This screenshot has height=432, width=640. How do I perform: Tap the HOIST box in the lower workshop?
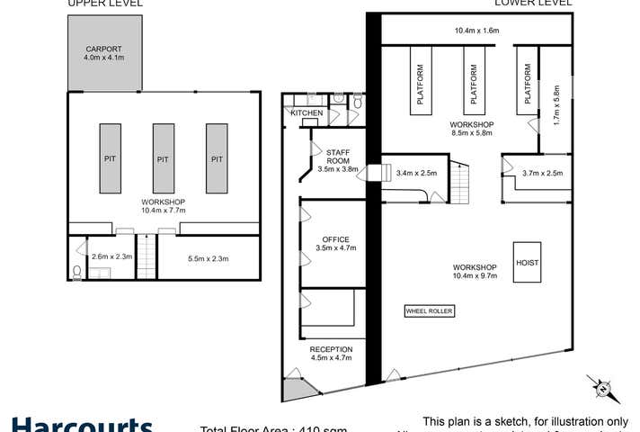(526, 263)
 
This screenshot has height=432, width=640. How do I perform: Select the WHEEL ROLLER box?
(430, 310)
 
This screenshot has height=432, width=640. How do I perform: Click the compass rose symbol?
(601, 388)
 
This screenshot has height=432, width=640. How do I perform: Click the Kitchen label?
(307, 113)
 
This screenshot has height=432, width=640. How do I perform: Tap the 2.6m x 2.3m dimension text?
(111, 256)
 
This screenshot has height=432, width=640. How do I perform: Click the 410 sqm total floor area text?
(274, 427)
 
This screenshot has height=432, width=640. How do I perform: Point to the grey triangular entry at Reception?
(296, 388)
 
